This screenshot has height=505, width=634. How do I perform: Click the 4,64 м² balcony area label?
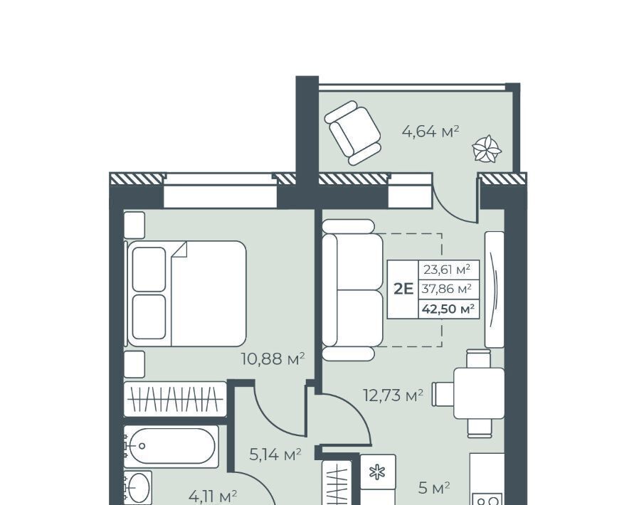click(430, 132)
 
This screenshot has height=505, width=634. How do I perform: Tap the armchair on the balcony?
click(353, 133)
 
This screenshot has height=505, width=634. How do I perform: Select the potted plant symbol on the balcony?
click(487, 149)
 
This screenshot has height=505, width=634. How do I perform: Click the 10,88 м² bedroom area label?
click(273, 358)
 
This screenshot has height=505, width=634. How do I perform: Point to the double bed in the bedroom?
click(186, 294)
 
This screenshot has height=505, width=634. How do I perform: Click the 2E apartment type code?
click(403, 289)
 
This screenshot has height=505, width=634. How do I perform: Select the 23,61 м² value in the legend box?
click(447, 270)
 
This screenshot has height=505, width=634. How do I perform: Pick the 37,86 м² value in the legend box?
click(447, 289)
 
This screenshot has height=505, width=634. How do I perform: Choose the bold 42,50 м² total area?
click(448, 309)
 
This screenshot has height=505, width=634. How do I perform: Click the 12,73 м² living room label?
click(393, 395)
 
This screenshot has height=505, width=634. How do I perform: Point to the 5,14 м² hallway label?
click(275, 455)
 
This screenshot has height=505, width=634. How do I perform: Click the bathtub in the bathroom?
click(171, 446)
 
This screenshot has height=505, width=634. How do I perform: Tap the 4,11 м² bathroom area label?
click(213, 495)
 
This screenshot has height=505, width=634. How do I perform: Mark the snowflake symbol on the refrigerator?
click(377, 472)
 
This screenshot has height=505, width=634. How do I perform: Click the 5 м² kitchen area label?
click(434, 488)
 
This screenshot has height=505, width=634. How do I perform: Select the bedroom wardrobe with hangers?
click(175, 399)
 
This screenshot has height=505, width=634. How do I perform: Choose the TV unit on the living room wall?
click(494, 289)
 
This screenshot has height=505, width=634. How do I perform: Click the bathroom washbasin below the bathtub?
click(138, 488)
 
